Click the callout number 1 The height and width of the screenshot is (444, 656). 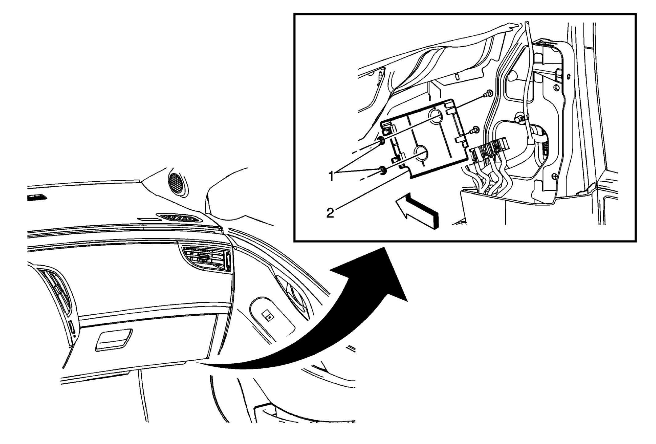(x=331, y=176)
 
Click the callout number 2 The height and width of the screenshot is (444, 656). (x=330, y=213)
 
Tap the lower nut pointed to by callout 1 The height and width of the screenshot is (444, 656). (x=381, y=171)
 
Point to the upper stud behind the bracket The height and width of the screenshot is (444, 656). (x=488, y=94)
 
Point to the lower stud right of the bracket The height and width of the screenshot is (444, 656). (x=474, y=130)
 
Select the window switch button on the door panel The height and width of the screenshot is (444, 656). (x=268, y=316)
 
